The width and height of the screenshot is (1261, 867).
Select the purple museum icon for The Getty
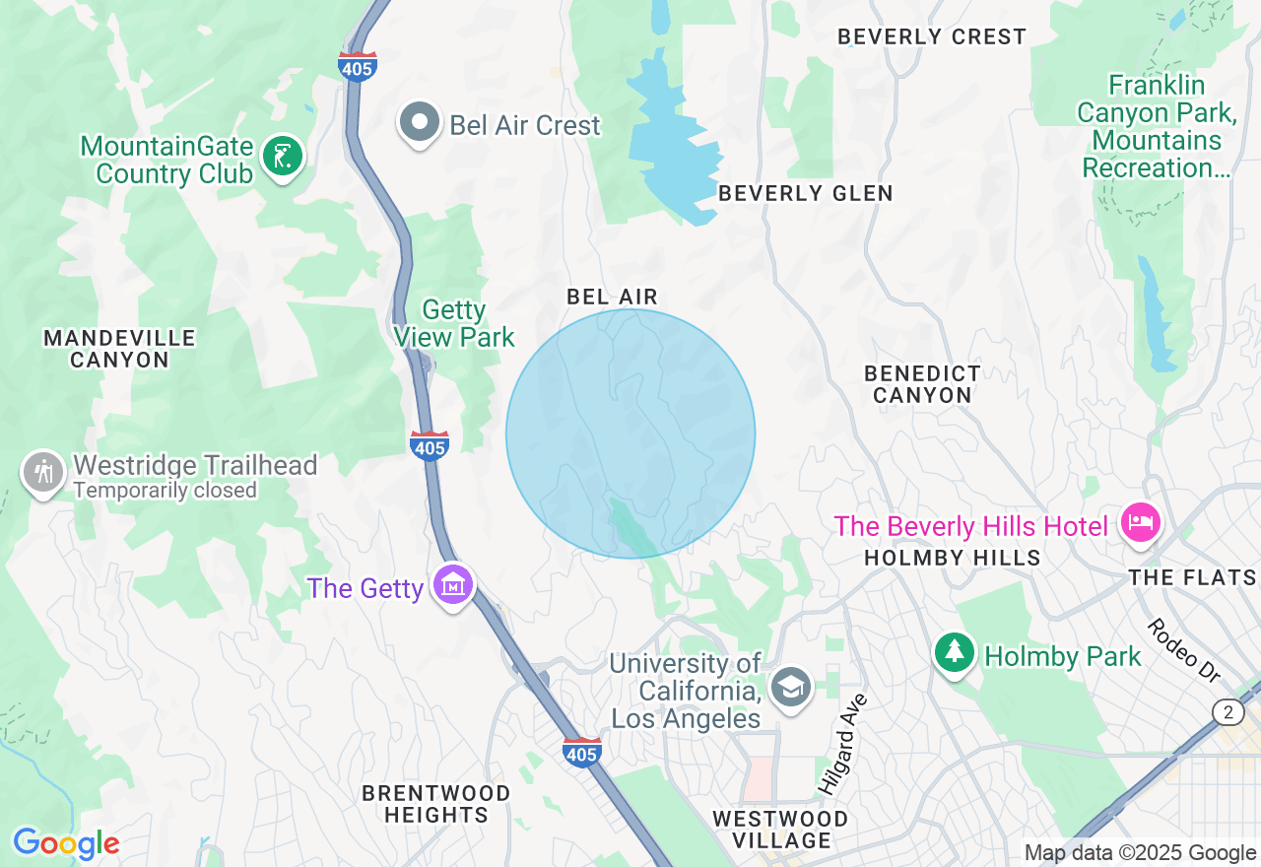[x=452, y=585]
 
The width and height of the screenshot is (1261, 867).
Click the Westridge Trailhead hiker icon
[x=43, y=472]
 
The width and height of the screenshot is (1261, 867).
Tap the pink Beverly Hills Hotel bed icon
[x=1140, y=522]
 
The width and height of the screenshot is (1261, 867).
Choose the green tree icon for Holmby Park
[x=954, y=652]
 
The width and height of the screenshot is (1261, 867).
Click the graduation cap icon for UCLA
[x=790, y=686]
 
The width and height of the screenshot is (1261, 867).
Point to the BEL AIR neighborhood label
[x=612, y=297]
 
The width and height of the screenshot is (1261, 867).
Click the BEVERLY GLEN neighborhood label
[x=805, y=193]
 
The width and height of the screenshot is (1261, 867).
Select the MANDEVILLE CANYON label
[x=119, y=349]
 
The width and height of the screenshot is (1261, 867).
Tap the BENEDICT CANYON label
[x=922, y=384]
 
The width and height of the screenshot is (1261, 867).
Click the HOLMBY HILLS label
[x=952, y=558]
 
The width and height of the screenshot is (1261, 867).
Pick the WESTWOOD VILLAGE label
[x=780, y=830]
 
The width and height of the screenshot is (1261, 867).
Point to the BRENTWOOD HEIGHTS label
[x=435, y=804]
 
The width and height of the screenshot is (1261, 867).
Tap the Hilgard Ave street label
[x=842, y=744]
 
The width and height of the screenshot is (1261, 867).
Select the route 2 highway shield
[x=1228, y=712]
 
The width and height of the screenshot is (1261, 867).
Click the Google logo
[x=66, y=843]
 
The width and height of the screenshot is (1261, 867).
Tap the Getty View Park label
[x=454, y=323]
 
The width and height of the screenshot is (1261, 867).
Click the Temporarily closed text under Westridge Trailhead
[x=165, y=491]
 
